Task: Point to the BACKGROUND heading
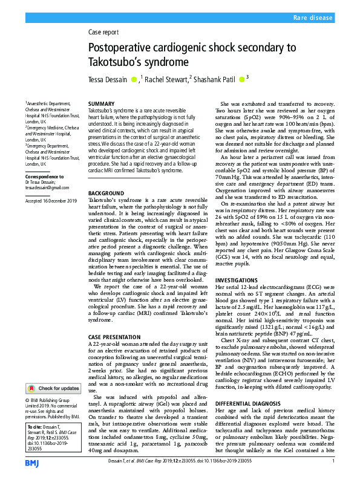click(x=106, y=193)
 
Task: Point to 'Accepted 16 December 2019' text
click(x=51, y=199)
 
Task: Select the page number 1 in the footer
click(x=333, y=462)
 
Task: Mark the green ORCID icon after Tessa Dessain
click(x=134, y=79)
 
